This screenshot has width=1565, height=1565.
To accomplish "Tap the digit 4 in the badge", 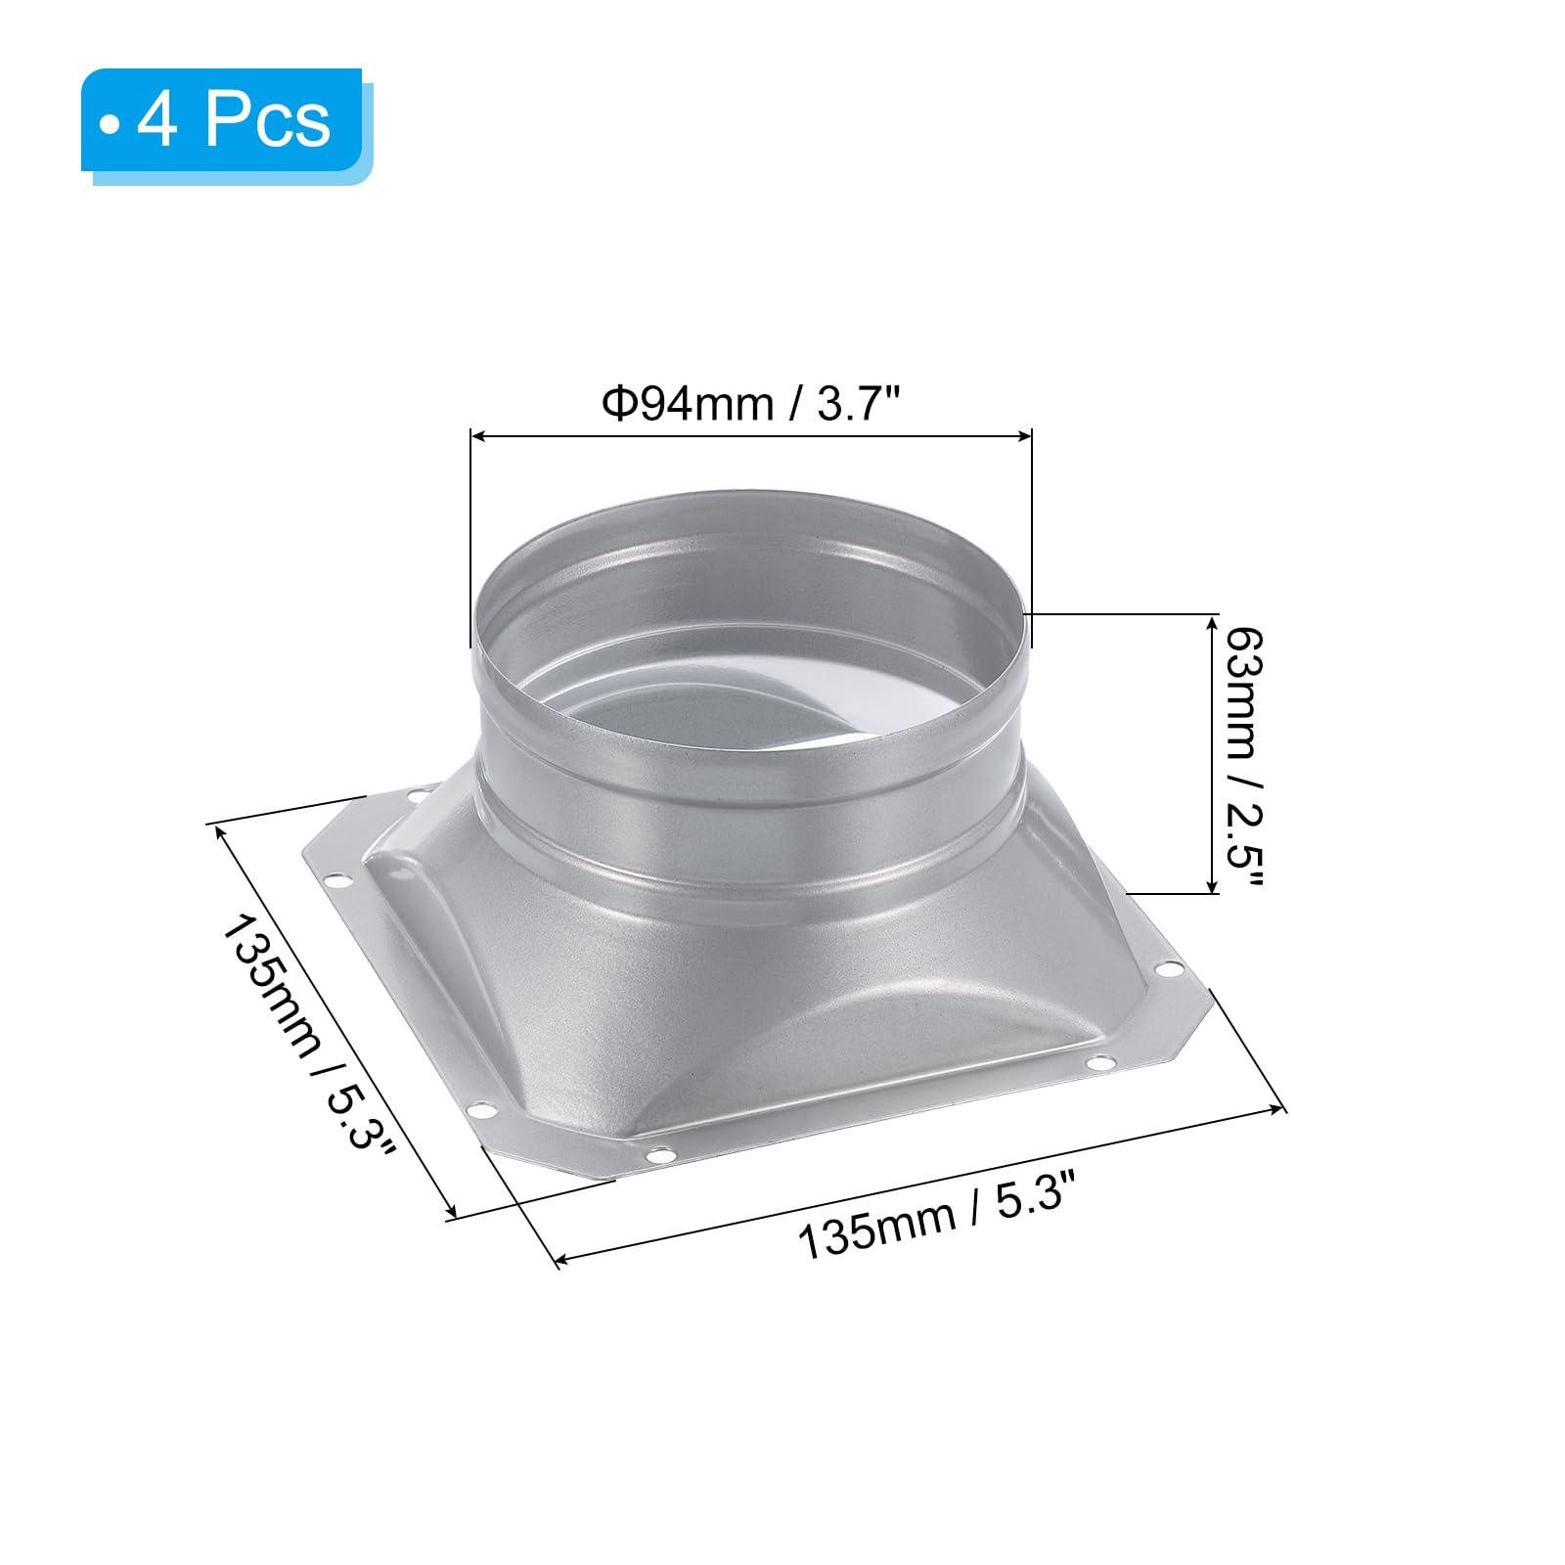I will (157, 122).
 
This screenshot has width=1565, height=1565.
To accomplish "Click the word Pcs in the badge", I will (268, 122).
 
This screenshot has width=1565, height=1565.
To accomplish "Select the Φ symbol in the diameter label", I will (620, 403).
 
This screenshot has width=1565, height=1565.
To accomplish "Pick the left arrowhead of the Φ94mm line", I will (476, 435).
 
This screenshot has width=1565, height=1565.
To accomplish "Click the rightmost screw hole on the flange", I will (1168, 969).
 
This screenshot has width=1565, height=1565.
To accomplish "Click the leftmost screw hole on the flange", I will (339, 881).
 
